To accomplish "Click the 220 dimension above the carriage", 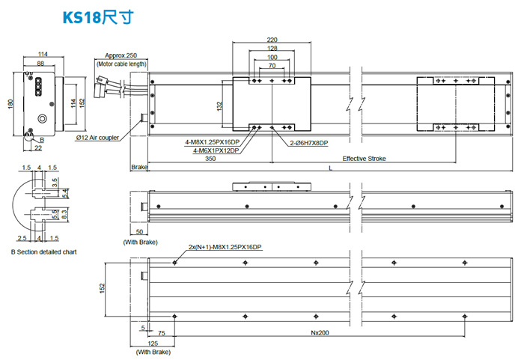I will tap(272, 40).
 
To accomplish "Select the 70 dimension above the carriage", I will tap(271, 66).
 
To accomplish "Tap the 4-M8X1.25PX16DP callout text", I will tap(212, 141).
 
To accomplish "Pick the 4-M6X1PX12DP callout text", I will tap(216, 150).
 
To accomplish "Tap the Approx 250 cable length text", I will tap(121, 55).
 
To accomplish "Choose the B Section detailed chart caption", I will tap(43, 252).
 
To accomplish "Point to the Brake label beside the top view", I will tap(140, 167).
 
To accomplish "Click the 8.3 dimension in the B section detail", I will tap(62, 214).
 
